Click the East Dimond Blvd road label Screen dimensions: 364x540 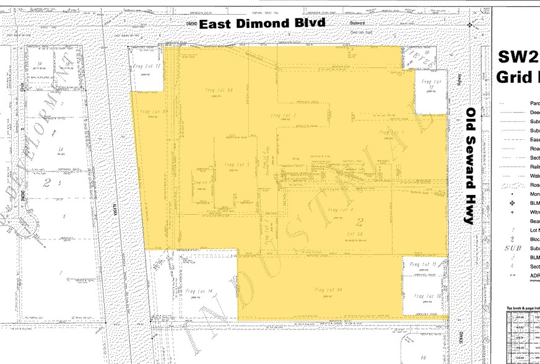[x=261, y=24]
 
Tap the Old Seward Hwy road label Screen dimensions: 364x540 [x=471, y=166]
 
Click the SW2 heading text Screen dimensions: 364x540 [x=518, y=58]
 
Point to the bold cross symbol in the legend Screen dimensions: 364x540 [x=512, y=202]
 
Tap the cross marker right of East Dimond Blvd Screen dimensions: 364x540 [x=470, y=25]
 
